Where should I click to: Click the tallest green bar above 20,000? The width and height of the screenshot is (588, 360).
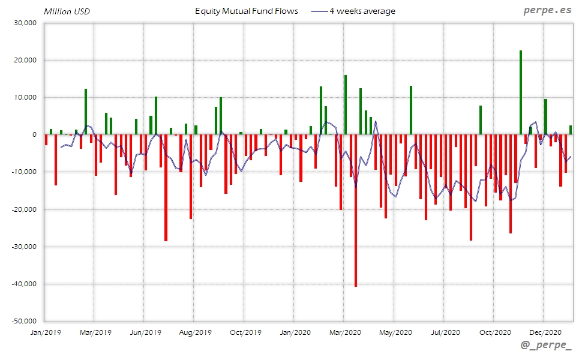(x=520, y=92)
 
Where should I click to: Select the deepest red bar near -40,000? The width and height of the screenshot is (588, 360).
(x=355, y=211)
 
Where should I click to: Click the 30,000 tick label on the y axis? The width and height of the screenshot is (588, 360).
(x=26, y=23)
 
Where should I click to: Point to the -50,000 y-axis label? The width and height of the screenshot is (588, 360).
(x=25, y=321)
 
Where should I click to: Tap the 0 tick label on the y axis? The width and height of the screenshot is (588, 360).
(x=34, y=135)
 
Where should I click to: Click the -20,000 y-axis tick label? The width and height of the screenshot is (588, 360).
(x=25, y=209)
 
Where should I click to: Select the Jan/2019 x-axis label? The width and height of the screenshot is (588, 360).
(x=45, y=332)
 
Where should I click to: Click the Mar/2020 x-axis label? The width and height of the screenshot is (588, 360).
(x=345, y=332)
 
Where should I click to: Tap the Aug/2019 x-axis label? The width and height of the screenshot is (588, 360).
(x=195, y=332)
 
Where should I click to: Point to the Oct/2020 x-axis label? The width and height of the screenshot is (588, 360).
(x=495, y=332)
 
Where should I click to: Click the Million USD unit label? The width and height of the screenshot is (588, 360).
(x=67, y=11)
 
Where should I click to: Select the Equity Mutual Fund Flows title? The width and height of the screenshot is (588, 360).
(x=247, y=11)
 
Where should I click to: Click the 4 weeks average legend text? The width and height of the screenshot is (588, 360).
(x=362, y=11)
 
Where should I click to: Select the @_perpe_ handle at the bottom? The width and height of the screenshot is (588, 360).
(x=546, y=346)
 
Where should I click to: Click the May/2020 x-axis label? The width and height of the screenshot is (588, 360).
(x=395, y=332)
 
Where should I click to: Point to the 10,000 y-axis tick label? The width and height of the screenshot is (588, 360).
(x=26, y=97)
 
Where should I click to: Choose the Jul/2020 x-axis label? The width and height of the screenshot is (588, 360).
(x=445, y=332)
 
